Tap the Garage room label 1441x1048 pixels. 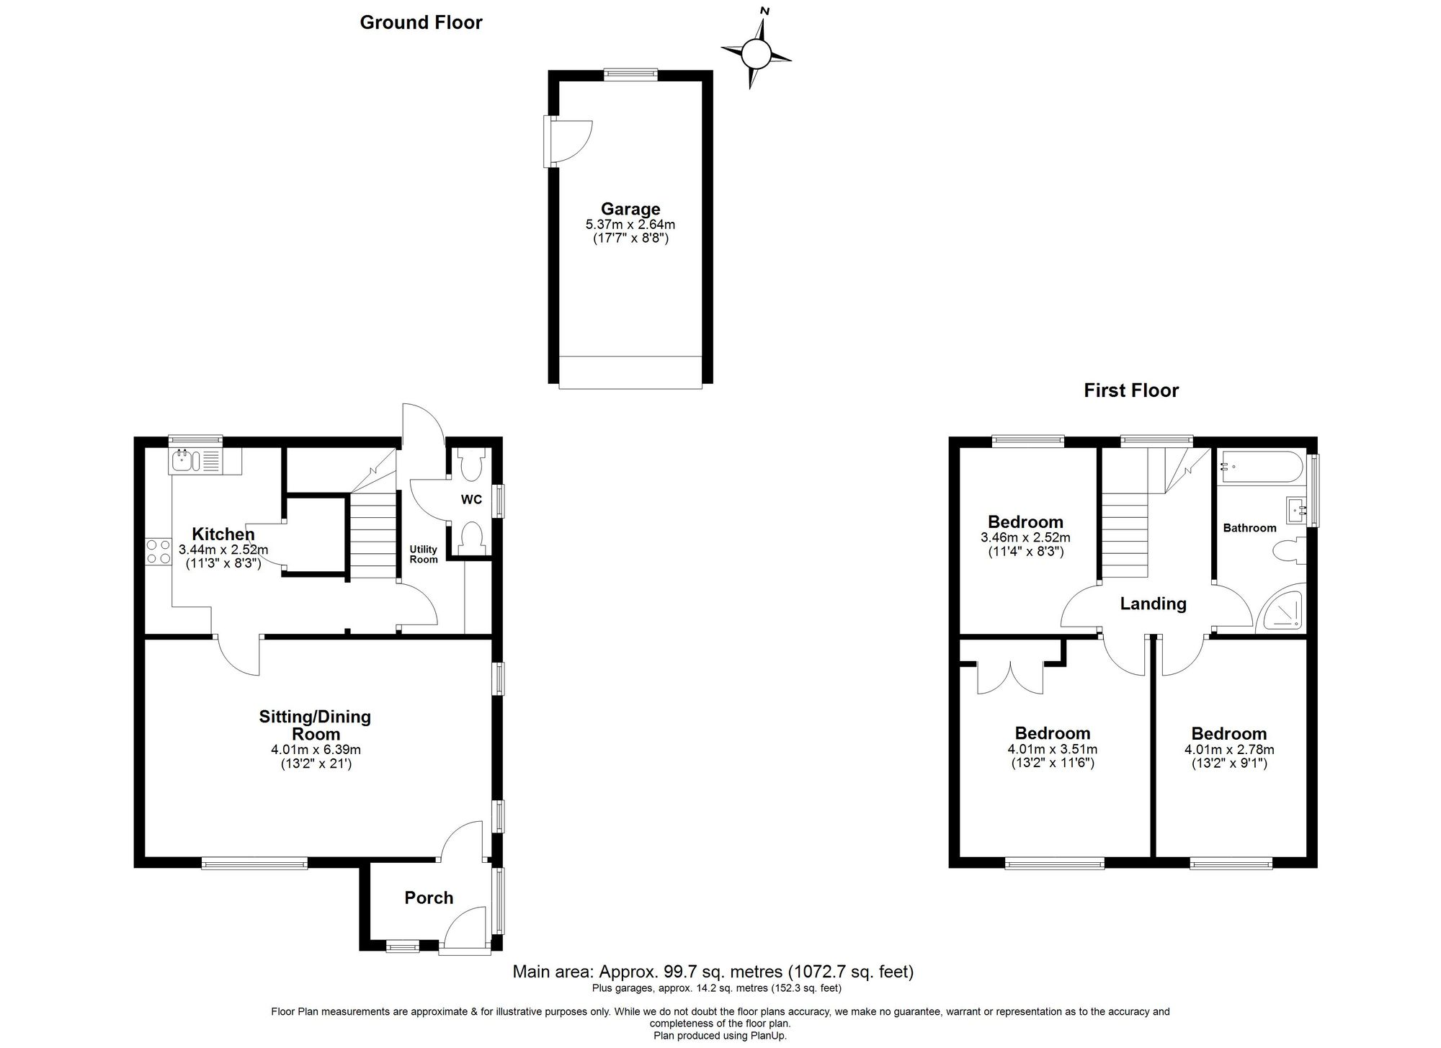pyautogui.click(x=630, y=209)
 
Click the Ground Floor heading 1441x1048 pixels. pyautogui.click(x=421, y=22)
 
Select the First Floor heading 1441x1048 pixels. pyautogui.click(x=1131, y=390)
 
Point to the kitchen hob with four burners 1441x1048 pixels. pyautogui.click(x=158, y=551)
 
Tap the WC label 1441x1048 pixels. pyautogui.click(x=471, y=499)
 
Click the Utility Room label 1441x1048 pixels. pyautogui.click(x=423, y=554)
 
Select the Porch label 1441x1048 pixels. pyautogui.click(x=429, y=897)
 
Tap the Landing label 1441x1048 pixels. pyautogui.click(x=1153, y=604)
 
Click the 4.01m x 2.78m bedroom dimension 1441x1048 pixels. pyautogui.click(x=1229, y=749)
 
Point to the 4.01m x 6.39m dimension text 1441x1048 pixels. pyautogui.click(x=316, y=750)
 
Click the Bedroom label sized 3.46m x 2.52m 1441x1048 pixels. pyautogui.click(x=1025, y=521)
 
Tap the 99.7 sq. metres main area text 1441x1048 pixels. pyautogui.click(x=713, y=972)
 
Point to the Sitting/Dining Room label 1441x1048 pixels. pyautogui.click(x=316, y=725)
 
